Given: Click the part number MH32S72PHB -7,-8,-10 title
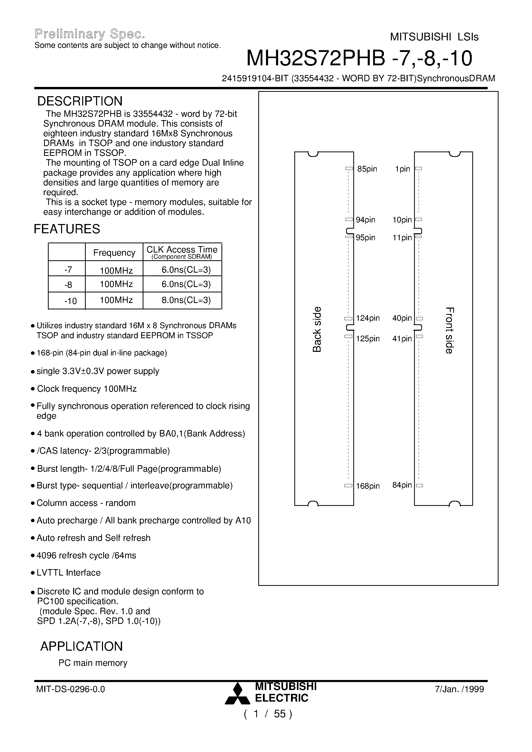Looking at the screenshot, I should point(359,58).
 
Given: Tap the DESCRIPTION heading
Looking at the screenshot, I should point(80,101).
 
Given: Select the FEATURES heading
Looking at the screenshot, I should point(67,229).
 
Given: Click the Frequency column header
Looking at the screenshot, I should point(114,253).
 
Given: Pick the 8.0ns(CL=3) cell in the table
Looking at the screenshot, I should point(186,300).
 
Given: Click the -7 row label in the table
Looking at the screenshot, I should point(68,270).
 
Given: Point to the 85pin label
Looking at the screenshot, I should point(367,169).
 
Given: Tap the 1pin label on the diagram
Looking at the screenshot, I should point(402,169).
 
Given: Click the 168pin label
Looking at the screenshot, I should point(368,486).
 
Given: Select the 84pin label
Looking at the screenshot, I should point(402,485).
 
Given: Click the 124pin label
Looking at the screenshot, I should point(368,318).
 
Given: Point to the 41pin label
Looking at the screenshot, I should point(402,339).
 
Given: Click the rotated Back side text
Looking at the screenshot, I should point(317,329).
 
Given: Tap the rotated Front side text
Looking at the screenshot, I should point(449,330).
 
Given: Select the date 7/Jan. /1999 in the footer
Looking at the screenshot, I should point(459,689).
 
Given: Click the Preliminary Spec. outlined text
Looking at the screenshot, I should point(90,34).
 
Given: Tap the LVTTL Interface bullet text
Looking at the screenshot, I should point(68,572).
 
